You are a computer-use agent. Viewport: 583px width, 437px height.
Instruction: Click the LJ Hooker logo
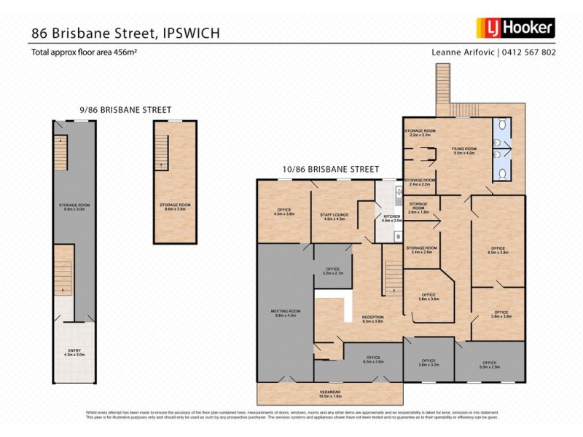coord(516,28)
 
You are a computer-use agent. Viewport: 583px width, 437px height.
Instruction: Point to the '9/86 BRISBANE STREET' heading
coord(125,109)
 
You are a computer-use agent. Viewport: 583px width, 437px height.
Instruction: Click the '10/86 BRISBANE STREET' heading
coord(331,169)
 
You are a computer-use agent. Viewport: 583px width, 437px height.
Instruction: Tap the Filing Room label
coord(464,152)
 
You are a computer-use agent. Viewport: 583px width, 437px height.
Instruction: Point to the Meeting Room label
coord(286,313)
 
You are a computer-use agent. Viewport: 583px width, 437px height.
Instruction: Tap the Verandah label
coord(330,395)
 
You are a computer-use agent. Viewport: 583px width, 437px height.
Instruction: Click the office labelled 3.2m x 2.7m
coord(333,271)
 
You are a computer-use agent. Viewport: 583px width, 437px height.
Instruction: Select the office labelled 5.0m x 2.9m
coord(489,363)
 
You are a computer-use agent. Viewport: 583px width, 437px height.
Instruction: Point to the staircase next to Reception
coord(394,277)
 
